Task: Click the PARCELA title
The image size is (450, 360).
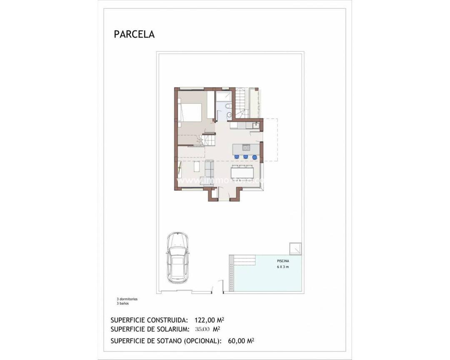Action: (x=134, y=34)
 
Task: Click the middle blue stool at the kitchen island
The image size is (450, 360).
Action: (x=245, y=157)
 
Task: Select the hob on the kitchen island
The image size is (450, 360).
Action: (x=246, y=147)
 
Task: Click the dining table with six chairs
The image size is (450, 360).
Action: (x=242, y=172)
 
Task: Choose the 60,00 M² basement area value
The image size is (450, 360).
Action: (x=241, y=340)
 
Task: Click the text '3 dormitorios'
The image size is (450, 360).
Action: (x=127, y=299)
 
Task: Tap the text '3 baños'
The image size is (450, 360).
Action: (x=122, y=304)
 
